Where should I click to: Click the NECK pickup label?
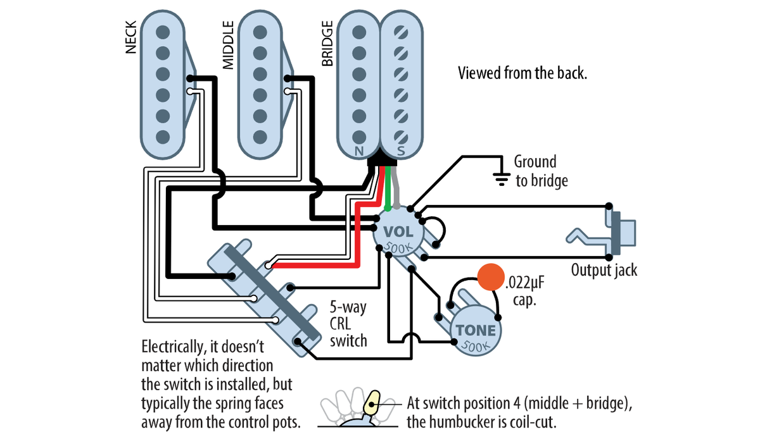[131, 40]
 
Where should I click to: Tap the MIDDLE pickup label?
[228, 45]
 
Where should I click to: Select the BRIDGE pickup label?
[327, 44]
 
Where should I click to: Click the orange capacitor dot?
[488, 276]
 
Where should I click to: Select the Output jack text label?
[604, 271]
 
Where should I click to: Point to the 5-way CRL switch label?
[348, 324]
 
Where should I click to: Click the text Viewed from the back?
[522, 73]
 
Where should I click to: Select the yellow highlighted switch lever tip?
[373, 400]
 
